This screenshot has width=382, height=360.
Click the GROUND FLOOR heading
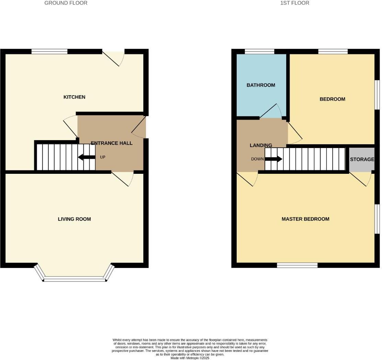pos(66,3)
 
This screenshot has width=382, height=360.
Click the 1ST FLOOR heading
pos(295,3)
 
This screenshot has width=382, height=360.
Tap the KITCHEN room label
pos(74,97)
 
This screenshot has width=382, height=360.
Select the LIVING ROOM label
pos(74,219)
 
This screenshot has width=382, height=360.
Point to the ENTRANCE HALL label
pos(112,143)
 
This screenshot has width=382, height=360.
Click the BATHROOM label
pos(261,85)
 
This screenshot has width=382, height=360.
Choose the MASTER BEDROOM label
pos(305,219)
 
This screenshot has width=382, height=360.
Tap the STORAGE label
pos(362,159)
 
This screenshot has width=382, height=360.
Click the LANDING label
pos(261,145)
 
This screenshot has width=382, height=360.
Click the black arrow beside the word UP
pos(87,157)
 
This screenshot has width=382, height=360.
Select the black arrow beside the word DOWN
pos(273,159)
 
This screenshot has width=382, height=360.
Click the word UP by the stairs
pos(102,157)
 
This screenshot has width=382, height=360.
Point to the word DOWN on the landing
pos(257,159)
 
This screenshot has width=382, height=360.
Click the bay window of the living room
pos(75,279)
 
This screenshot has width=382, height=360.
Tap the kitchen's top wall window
pos(49,52)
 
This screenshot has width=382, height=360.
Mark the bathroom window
pos(259,52)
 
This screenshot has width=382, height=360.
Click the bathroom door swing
pos(271,112)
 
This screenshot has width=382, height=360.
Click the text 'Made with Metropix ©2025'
pos(190,358)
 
